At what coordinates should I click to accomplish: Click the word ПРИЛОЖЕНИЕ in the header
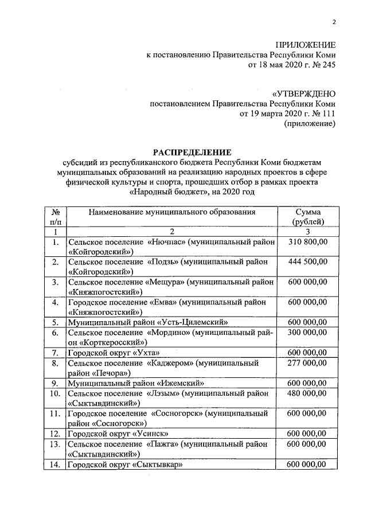tap(306, 44)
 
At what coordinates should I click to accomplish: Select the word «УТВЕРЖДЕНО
tap(304, 93)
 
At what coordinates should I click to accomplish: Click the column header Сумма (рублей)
tap(308, 217)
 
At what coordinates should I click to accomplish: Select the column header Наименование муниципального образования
tap(171, 212)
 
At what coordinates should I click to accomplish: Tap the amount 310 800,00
tap(308, 242)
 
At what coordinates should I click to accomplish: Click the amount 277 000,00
tap(308, 362)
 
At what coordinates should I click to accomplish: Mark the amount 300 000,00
tap(308, 332)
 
